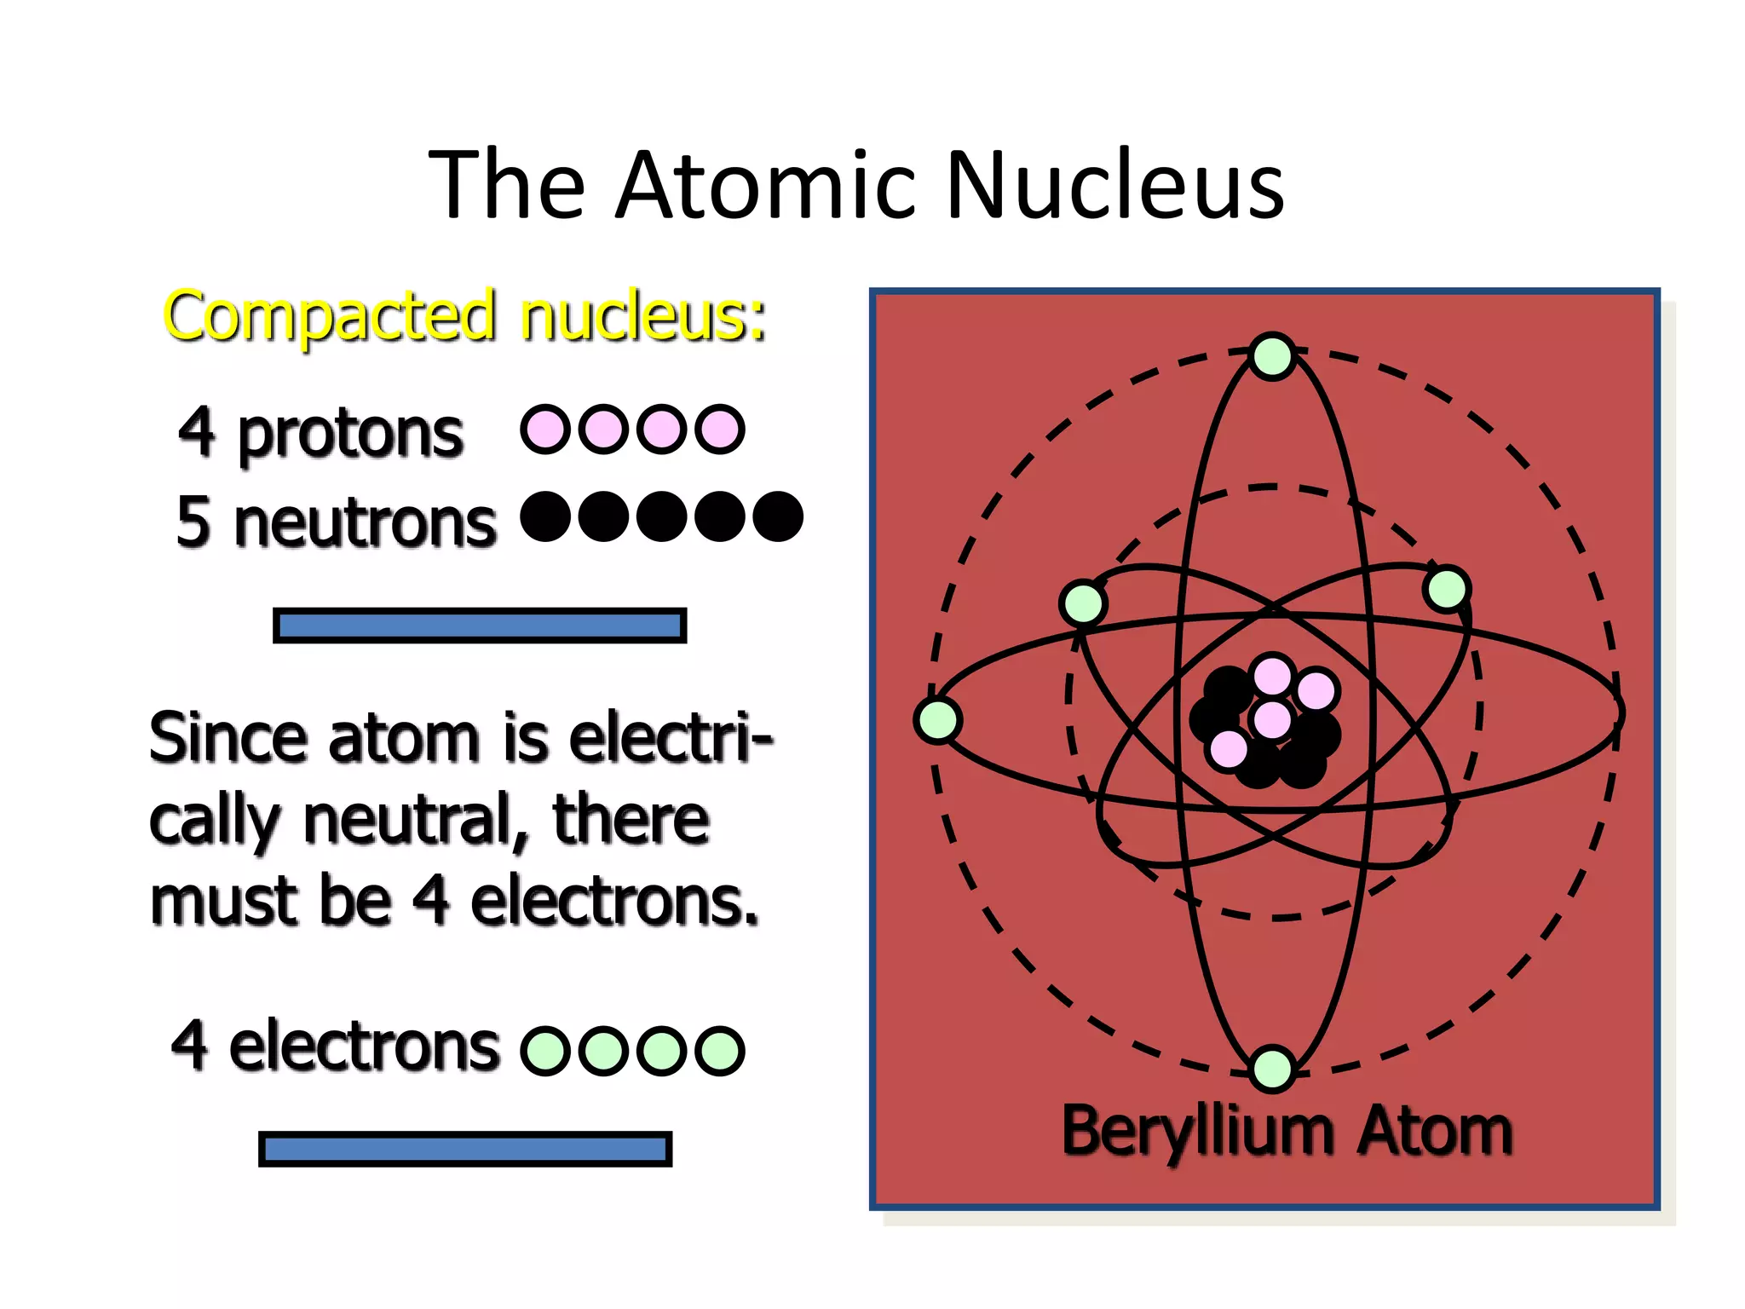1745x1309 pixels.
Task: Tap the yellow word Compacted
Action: click(330, 317)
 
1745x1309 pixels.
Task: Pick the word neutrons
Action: click(365, 522)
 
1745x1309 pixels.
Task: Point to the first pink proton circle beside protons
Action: click(544, 429)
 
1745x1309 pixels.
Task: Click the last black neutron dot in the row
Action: click(778, 516)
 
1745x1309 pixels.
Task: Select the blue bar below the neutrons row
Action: click(480, 626)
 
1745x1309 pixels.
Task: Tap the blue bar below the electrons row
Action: click(465, 1149)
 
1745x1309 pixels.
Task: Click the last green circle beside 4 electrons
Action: click(720, 1050)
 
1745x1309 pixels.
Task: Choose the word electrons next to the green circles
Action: click(365, 1047)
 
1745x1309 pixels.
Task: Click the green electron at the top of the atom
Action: click(1273, 356)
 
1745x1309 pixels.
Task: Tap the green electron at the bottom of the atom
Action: click(1273, 1069)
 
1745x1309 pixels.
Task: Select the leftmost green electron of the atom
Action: click(938, 720)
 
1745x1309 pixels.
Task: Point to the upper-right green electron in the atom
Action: click(1447, 589)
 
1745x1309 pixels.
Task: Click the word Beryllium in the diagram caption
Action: click(1197, 1132)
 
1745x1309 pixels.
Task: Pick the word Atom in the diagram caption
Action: click(1435, 1132)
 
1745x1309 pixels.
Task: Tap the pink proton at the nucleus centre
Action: click(1273, 719)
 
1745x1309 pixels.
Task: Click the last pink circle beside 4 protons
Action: click(720, 429)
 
